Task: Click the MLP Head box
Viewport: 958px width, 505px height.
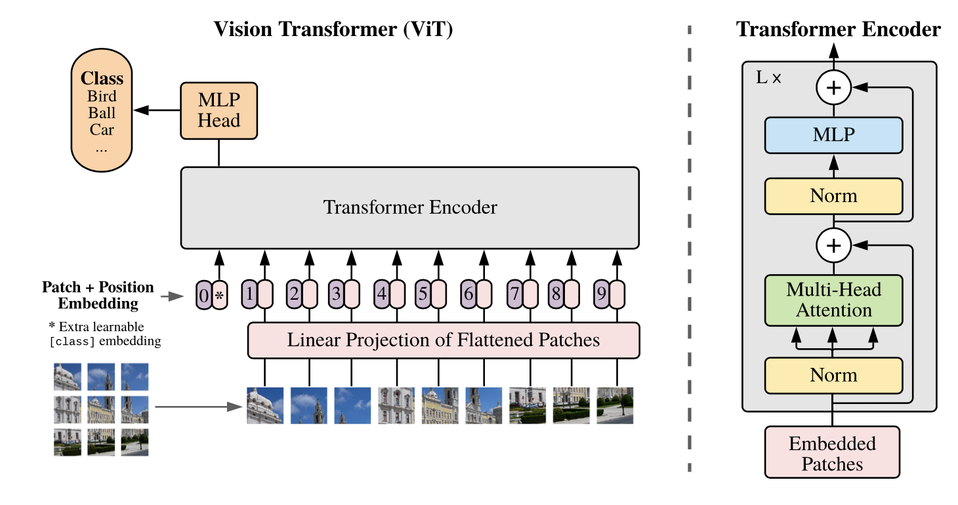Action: (x=219, y=110)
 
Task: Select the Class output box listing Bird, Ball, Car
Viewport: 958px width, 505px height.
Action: (x=102, y=111)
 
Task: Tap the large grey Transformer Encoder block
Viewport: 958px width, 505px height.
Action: (x=410, y=208)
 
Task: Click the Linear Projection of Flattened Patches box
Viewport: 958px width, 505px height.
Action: (x=443, y=340)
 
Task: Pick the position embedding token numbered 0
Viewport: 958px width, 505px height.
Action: (x=204, y=296)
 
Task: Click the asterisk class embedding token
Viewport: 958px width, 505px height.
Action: (x=220, y=296)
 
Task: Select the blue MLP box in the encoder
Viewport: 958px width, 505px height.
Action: (x=833, y=135)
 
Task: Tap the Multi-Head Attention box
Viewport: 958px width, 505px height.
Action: (x=833, y=300)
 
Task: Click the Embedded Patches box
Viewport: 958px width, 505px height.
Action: (x=832, y=453)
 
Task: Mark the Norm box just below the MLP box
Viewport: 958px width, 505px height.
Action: (x=833, y=195)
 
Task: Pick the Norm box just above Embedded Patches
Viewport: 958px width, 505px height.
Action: (x=833, y=375)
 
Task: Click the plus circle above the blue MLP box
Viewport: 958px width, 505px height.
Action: (x=833, y=88)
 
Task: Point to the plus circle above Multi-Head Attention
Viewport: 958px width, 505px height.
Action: (x=833, y=246)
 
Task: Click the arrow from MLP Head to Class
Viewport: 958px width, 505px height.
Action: (x=157, y=111)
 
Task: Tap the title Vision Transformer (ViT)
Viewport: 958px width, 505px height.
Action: (x=333, y=30)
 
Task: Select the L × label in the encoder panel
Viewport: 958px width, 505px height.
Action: (x=768, y=77)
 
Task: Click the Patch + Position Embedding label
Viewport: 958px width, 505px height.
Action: (x=98, y=295)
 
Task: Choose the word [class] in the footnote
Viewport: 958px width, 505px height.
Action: (x=72, y=342)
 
